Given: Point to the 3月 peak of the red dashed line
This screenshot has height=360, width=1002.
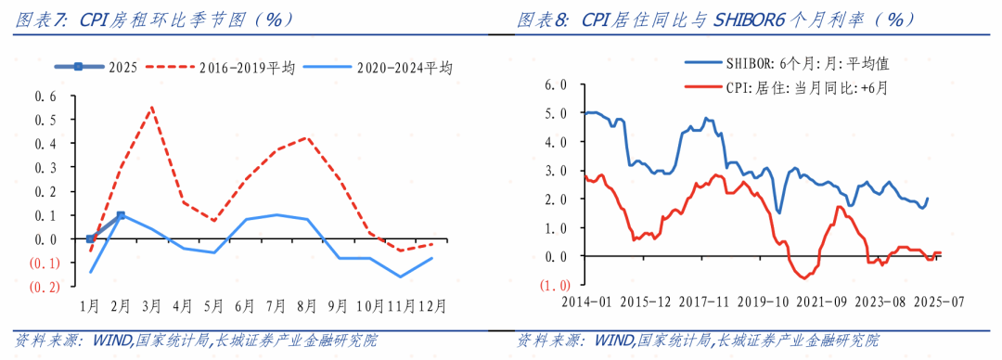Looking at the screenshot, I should click(x=152, y=107).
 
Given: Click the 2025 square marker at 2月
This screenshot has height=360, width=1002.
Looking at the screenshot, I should click(x=121, y=215).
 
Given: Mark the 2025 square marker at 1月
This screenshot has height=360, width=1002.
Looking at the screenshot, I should click(x=90, y=238).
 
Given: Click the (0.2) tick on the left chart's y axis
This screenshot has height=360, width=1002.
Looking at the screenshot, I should click(x=46, y=287).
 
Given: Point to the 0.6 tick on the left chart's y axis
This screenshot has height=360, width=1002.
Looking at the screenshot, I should click(x=45, y=96).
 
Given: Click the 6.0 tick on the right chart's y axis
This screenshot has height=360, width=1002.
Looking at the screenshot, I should click(x=555, y=84).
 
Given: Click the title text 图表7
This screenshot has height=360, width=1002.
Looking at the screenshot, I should click(x=41, y=19).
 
